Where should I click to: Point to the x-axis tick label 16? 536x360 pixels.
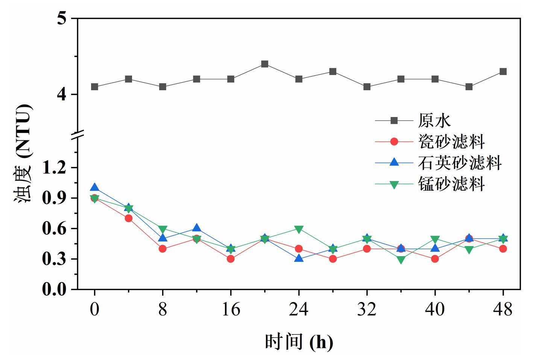click(x=231, y=309)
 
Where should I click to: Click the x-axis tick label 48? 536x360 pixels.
click(x=503, y=309)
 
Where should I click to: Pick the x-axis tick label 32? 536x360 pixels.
click(x=367, y=309)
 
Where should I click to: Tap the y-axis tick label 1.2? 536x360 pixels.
click(x=54, y=167)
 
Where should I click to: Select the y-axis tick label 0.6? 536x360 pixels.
click(x=54, y=229)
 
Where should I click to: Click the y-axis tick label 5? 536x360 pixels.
click(x=62, y=18)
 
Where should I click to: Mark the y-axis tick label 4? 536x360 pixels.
click(x=62, y=94)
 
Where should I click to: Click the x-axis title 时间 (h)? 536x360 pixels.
click(x=299, y=342)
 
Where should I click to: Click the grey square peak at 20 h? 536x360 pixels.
click(x=265, y=64)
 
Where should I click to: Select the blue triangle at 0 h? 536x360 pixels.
click(x=94, y=187)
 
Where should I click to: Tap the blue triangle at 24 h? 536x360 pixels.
click(x=299, y=258)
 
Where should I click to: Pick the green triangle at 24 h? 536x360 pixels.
click(x=299, y=229)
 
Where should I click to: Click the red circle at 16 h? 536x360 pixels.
click(x=231, y=259)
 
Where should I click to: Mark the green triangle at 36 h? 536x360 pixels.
click(x=401, y=260)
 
